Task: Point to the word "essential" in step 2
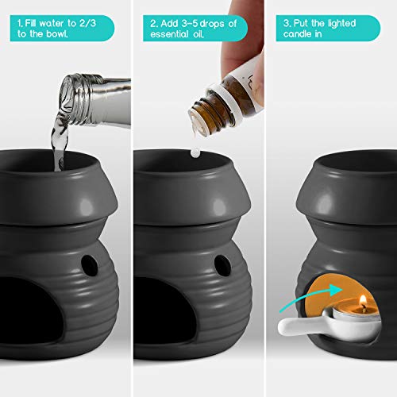click(169, 37)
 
